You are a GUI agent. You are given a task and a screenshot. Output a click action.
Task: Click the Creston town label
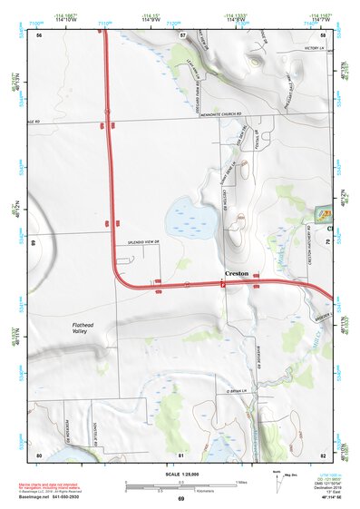[236, 273]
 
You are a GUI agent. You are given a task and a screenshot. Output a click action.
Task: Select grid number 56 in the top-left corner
[39, 35]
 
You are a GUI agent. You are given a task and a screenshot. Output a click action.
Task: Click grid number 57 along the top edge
[182, 35]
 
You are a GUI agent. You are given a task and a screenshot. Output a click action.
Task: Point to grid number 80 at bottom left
[39, 455]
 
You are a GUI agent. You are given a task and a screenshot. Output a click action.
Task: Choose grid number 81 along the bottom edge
[181, 455]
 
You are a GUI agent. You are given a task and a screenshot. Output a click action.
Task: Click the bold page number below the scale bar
[180, 499]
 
